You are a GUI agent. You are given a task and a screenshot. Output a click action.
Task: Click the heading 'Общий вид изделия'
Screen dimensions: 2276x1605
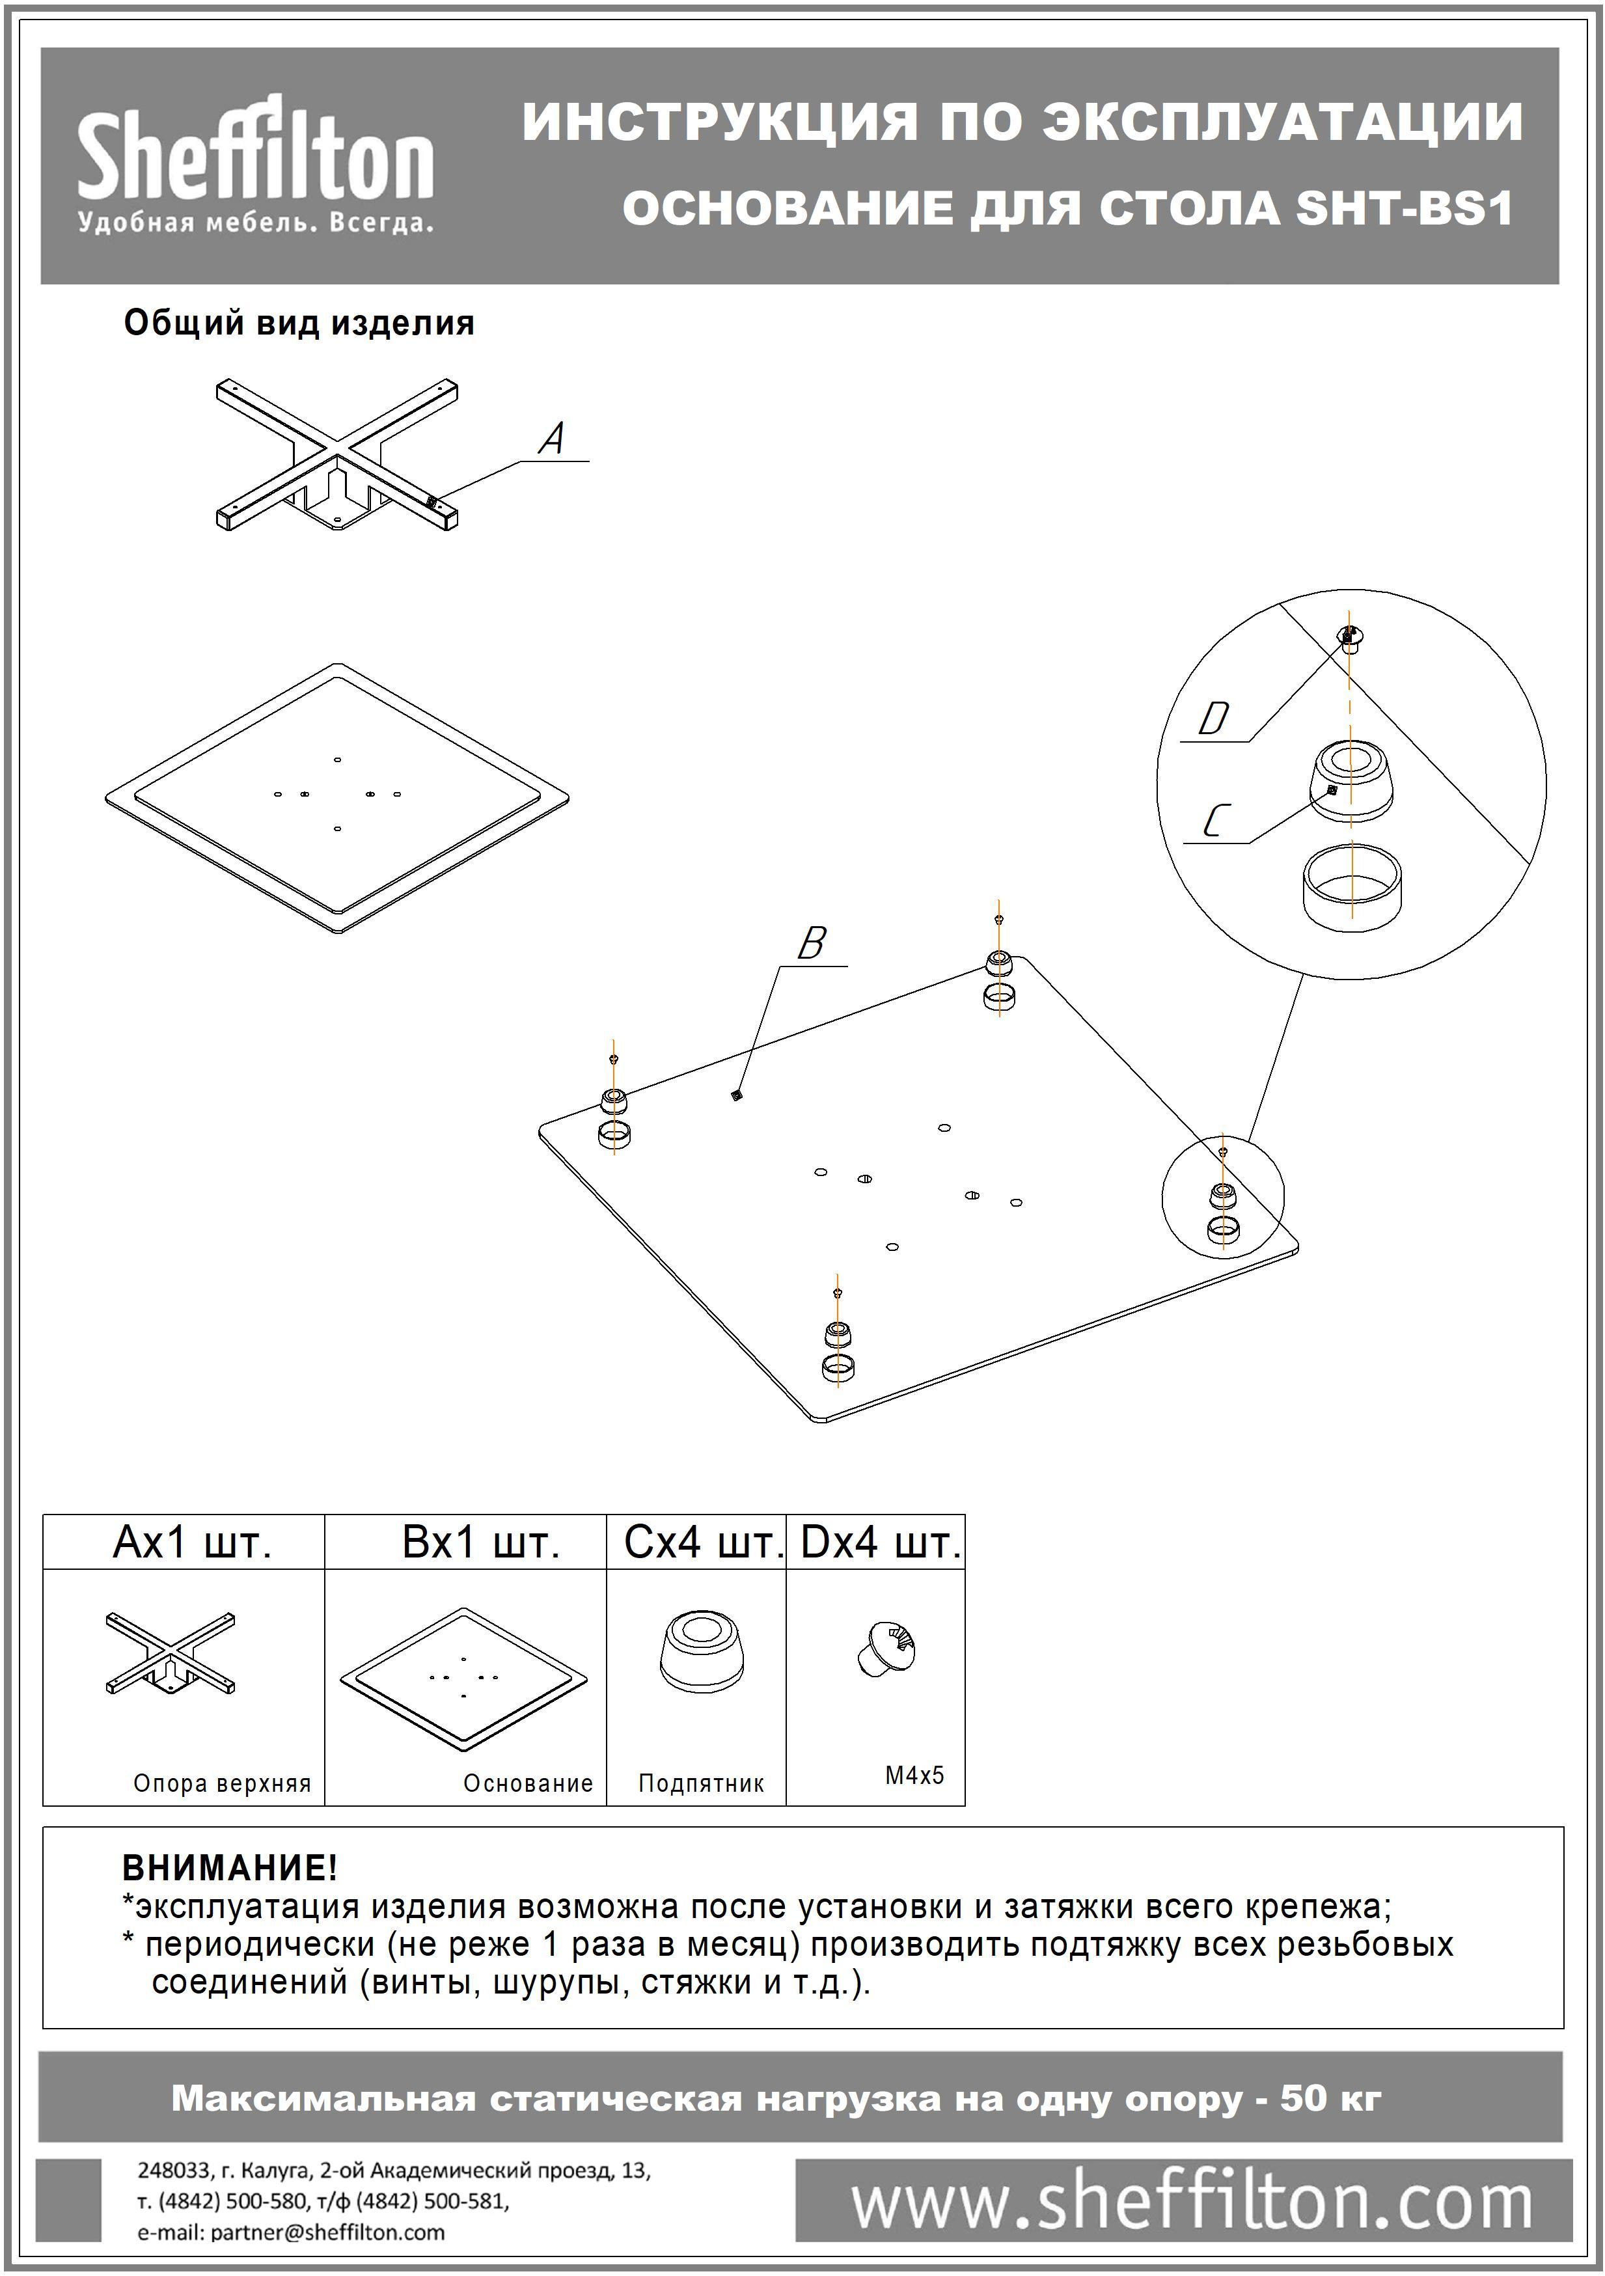[x=298, y=323]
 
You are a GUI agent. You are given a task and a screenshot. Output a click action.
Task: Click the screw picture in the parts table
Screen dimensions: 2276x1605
[x=885, y=1649]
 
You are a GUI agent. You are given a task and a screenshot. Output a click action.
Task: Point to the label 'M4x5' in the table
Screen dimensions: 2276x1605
[x=914, y=1774]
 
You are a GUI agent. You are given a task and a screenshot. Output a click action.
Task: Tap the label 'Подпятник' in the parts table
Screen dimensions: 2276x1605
[x=701, y=1783]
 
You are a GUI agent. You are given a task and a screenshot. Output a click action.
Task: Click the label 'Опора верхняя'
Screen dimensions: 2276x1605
[x=222, y=1783]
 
